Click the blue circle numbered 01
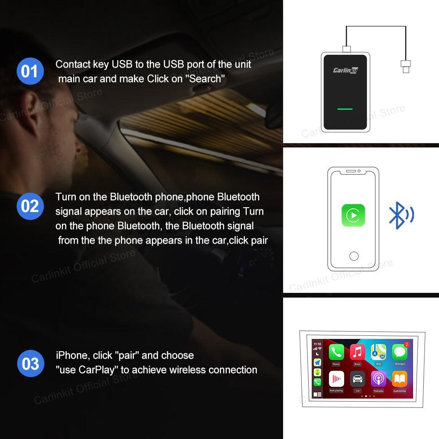[x=30, y=71]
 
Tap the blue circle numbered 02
[x=30, y=206]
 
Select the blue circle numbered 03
[x=30, y=363]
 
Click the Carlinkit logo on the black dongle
[x=345, y=70]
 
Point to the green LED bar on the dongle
[x=345, y=108]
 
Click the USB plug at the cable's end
[x=405, y=67]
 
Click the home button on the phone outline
[x=353, y=256]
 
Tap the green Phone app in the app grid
[x=336, y=353]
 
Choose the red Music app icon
[x=357, y=353]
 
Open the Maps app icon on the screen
[x=378, y=353]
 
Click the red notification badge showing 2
[x=407, y=345]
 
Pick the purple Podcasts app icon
[x=378, y=379]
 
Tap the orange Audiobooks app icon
[x=399, y=379]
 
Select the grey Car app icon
[x=357, y=379]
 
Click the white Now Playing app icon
[x=336, y=379]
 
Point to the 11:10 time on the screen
[x=317, y=344]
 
